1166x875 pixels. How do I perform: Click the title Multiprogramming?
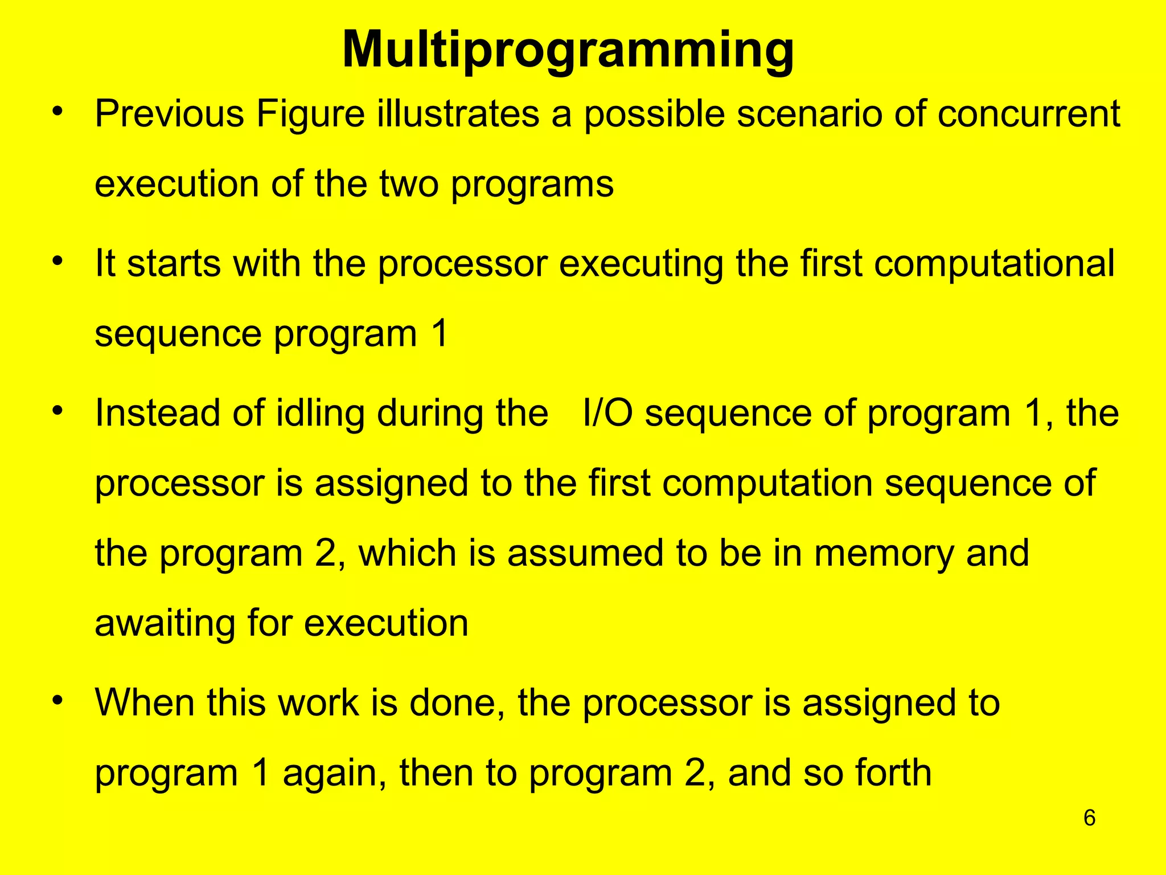(x=568, y=50)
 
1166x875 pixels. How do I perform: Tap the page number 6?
(x=1089, y=818)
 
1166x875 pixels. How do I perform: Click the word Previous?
(x=170, y=114)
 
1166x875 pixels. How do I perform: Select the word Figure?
(x=310, y=115)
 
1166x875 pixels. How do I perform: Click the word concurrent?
(x=1029, y=114)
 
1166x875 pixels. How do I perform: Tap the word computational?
(x=994, y=264)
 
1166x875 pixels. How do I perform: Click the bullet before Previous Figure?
(x=56, y=112)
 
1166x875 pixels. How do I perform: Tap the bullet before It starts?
(x=56, y=261)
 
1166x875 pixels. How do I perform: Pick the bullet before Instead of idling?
(x=56, y=411)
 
